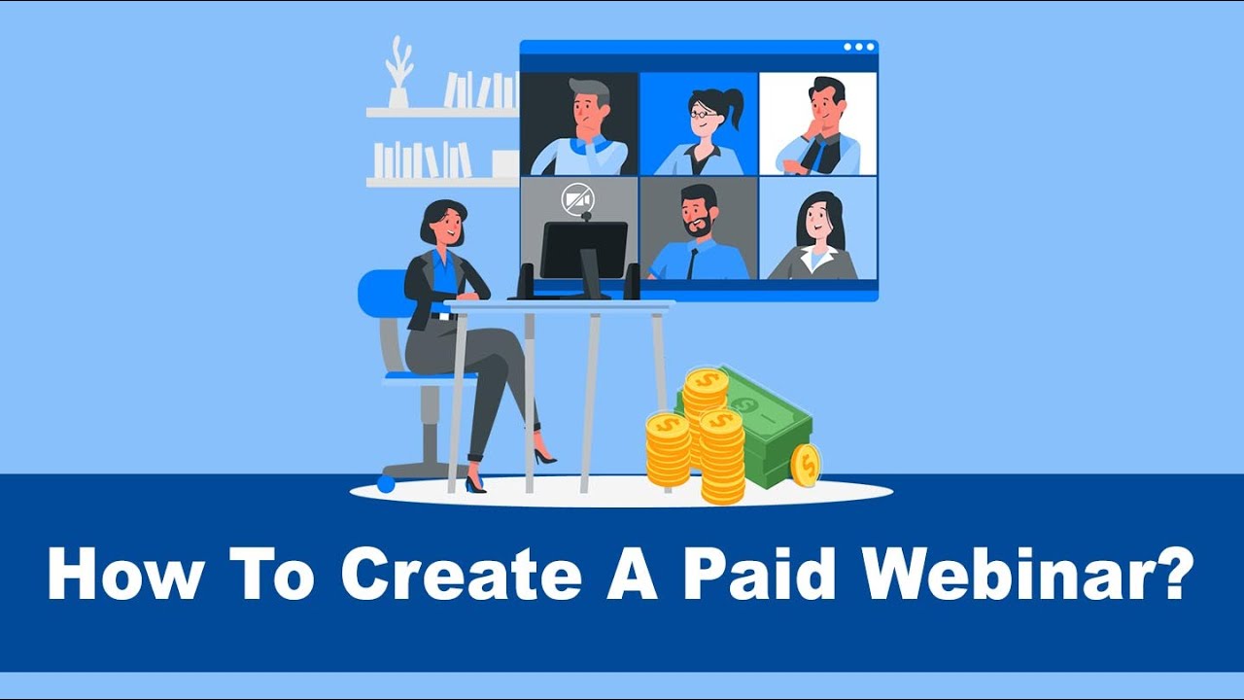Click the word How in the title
coord(119,575)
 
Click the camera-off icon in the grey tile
coord(577,200)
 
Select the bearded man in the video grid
coord(698,233)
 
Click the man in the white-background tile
coord(818,126)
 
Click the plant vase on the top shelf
coord(398,97)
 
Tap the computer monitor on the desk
coord(583,251)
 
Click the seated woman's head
coord(443,224)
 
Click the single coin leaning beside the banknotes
coord(806,464)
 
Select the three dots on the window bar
coord(858,47)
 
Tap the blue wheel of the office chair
coord(386,483)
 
